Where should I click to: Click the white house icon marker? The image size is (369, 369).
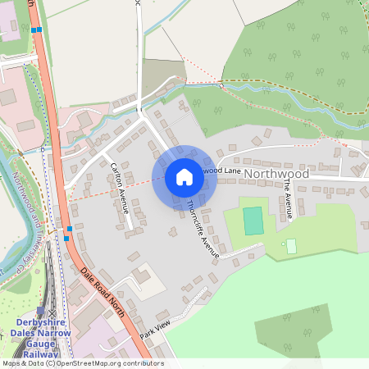pyautogui.click(x=184, y=177)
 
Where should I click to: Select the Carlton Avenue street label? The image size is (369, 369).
pyautogui.click(x=120, y=188)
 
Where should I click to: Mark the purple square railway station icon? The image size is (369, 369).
pyautogui.click(x=40, y=312)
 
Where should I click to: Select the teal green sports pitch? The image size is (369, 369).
pyautogui.click(x=253, y=221)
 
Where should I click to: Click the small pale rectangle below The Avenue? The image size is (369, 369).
pyautogui.click(x=291, y=246)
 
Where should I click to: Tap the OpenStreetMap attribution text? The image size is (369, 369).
pyautogui.click(x=82, y=363)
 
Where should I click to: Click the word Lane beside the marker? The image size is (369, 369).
pyautogui.click(x=230, y=170)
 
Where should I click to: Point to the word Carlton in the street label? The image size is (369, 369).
pyautogui.click(x=115, y=175)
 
